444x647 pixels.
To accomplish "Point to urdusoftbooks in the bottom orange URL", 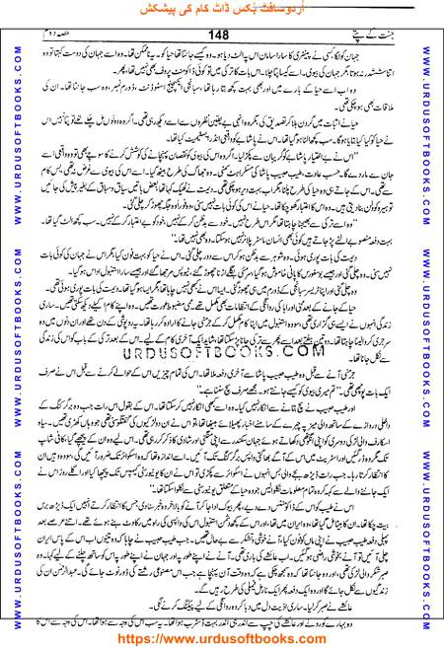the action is pyautogui.click(x=236, y=636).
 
